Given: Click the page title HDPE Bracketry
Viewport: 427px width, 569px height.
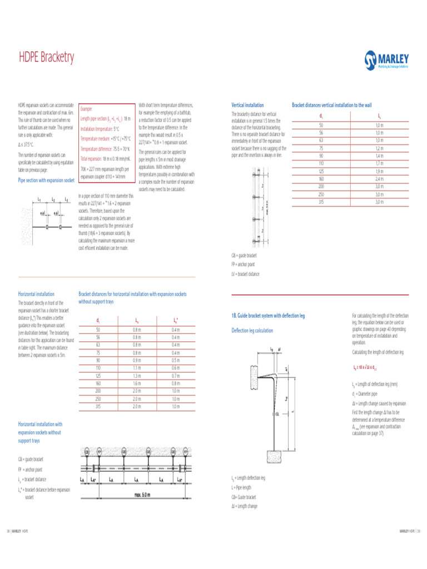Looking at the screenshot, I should coord(46,57).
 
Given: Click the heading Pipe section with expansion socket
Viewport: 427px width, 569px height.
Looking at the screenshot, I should coord(46,181).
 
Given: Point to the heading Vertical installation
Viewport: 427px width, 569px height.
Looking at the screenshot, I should coord(247,105).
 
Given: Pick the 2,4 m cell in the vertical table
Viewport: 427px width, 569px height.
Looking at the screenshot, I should coord(379,179).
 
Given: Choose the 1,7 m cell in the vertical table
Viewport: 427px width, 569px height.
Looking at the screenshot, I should coord(379,164).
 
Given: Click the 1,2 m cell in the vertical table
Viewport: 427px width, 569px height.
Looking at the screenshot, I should coord(379,148).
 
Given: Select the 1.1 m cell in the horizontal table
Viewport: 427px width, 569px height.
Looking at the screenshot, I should coord(137,368).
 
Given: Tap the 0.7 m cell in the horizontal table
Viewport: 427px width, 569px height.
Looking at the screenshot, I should coord(175,376).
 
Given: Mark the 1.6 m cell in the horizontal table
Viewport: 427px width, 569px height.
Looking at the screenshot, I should coord(137,383).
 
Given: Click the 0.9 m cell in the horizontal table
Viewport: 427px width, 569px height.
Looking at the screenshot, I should coord(137,361).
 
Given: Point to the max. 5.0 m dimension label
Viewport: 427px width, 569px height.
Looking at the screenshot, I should coord(142,494).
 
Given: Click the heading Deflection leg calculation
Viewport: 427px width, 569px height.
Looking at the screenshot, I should coord(252,331).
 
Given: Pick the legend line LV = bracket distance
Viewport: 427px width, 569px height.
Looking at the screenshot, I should coord(245,274).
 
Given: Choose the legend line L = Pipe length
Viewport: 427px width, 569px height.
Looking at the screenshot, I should coord(242,487).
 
